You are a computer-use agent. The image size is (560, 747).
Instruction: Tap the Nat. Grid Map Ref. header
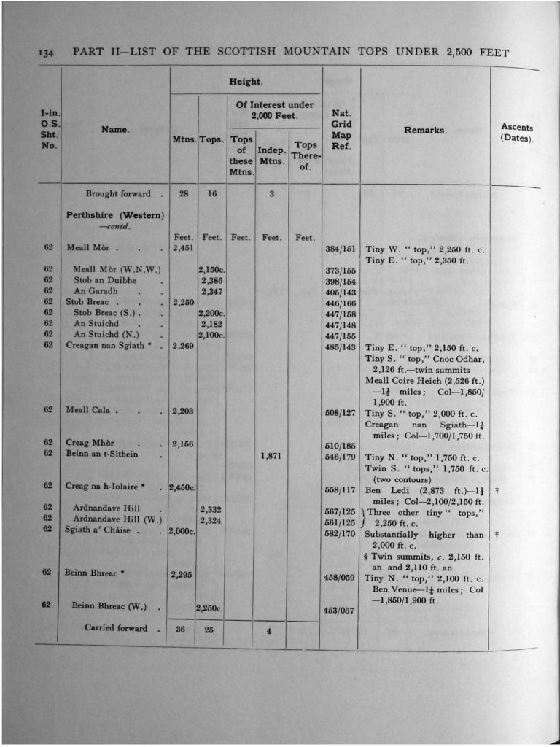pos(341,129)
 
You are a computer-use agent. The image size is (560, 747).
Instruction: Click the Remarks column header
pos(424,130)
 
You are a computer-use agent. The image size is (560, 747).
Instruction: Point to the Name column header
pos(114,129)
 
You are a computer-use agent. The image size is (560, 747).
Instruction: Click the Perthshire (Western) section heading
pos(115,215)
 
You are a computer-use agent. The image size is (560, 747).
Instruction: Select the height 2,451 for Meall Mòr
pos(182,248)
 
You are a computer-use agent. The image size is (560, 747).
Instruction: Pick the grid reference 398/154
pos(340,281)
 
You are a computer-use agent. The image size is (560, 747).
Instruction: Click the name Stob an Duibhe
pos(105,280)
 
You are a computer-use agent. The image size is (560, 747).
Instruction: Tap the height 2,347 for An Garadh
pos(211,291)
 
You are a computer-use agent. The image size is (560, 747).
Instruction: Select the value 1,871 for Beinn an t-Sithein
pos(271,457)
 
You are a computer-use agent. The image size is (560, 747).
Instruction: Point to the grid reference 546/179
pos(340,457)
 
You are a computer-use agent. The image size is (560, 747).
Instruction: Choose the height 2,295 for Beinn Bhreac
pos(182,575)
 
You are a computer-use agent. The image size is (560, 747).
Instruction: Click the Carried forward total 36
pos(182,630)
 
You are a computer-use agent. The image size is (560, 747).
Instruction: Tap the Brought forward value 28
pos(184,194)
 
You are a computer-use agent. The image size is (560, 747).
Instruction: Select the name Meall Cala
pos(88,410)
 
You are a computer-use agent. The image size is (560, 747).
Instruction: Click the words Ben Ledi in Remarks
pos(383,490)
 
